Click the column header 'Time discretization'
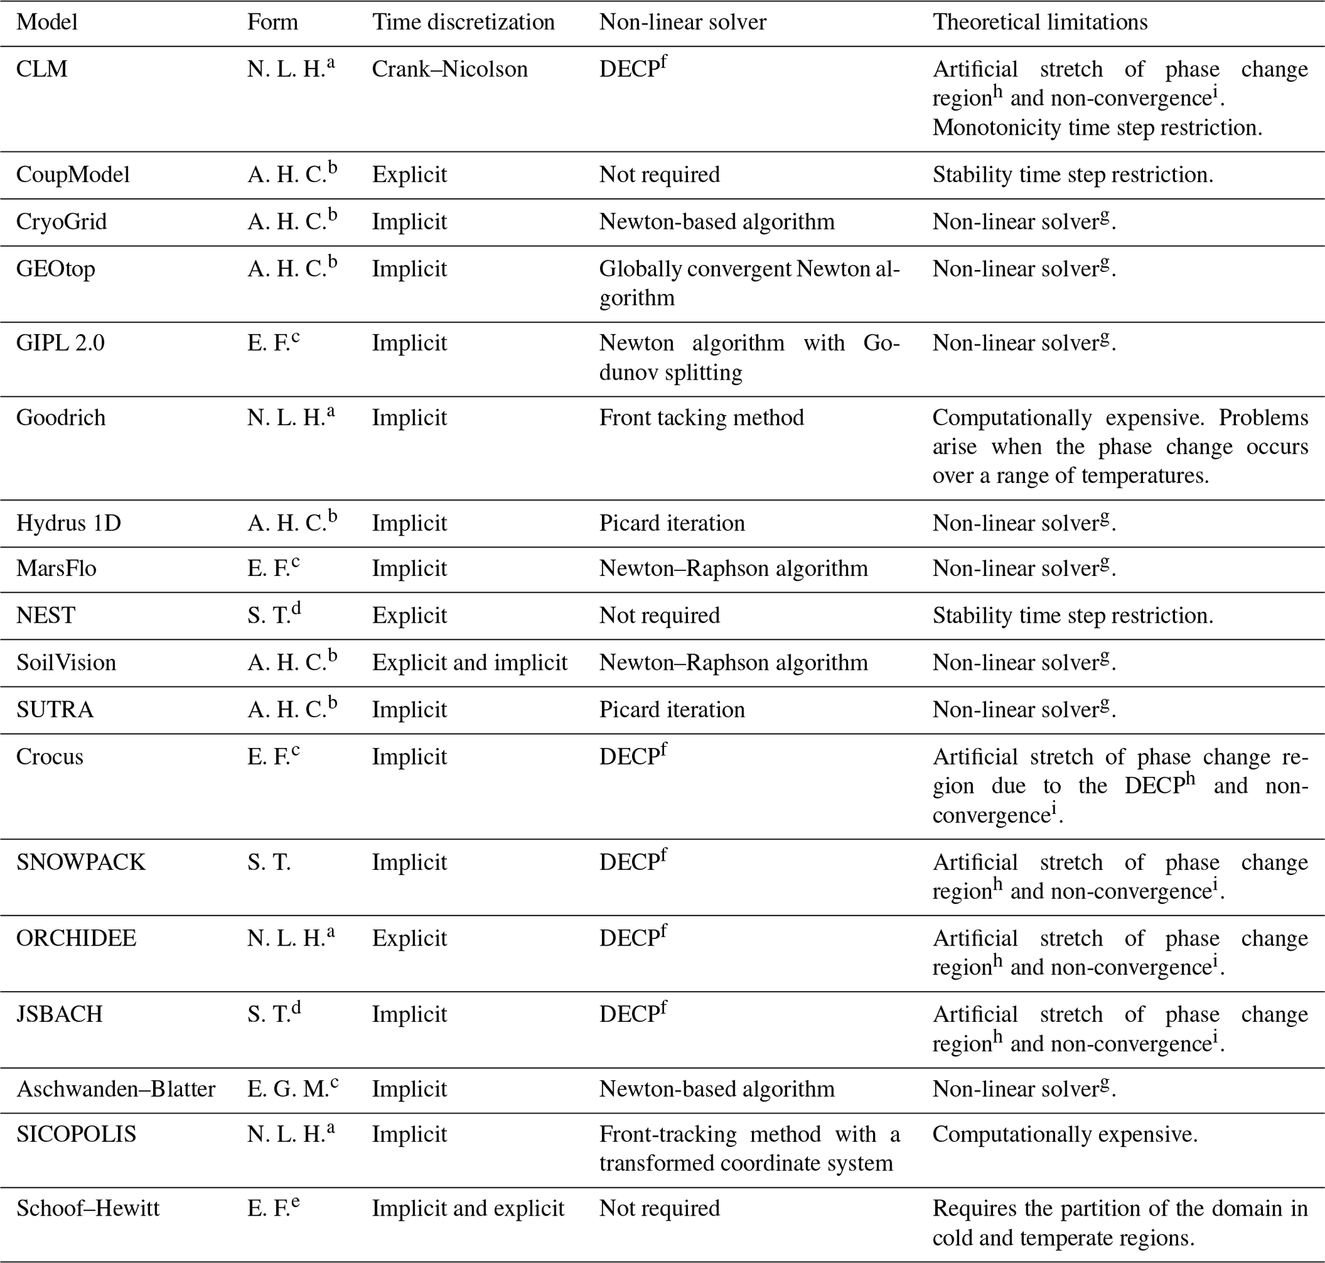pyautogui.click(x=463, y=22)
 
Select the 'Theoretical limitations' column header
pyautogui.click(x=1040, y=22)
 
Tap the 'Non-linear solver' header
pyautogui.click(x=682, y=22)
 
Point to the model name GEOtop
pyautogui.click(x=56, y=269)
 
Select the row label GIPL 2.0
pyautogui.click(x=60, y=343)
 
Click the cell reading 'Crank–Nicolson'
pyautogui.click(x=449, y=69)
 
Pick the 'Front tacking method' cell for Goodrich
pyautogui.click(x=701, y=418)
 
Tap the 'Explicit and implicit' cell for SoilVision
pyautogui.click(x=470, y=663)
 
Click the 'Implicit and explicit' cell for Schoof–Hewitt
pyautogui.click(x=468, y=1208)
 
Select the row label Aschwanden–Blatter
pyautogui.click(x=116, y=1089)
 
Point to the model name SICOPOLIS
pyautogui.click(x=76, y=1135)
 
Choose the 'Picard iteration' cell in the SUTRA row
pyautogui.click(x=672, y=710)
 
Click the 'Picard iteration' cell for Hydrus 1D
pyautogui.click(x=672, y=524)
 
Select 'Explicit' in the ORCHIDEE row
pyautogui.click(x=409, y=938)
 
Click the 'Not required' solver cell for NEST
pyautogui.click(x=660, y=616)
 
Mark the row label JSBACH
pyautogui.click(x=59, y=1015)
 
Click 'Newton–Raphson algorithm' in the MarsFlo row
pyautogui.click(x=733, y=569)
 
